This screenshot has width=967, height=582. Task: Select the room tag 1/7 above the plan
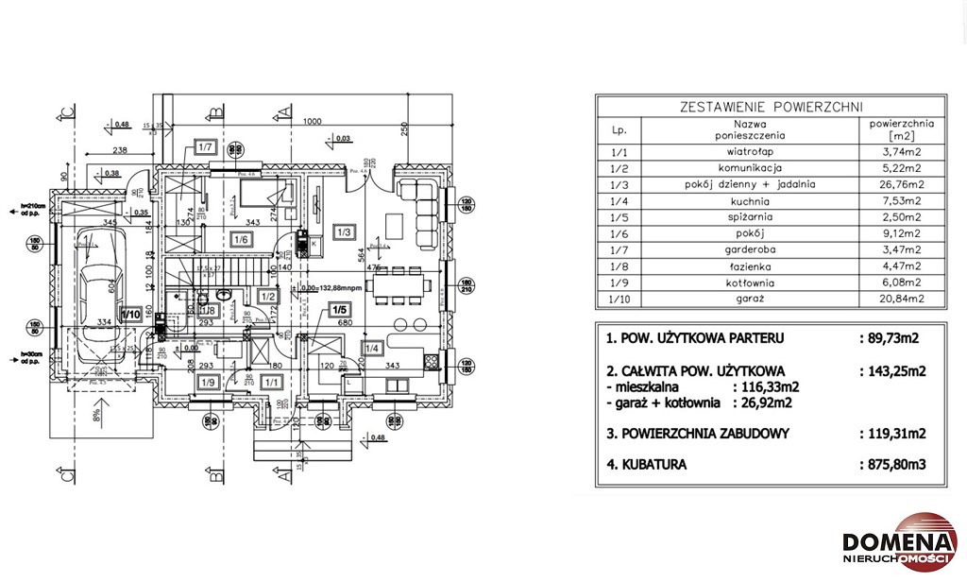click(206, 146)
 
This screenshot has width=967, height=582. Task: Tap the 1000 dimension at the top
click(314, 122)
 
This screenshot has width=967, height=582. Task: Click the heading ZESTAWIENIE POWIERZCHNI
click(772, 106)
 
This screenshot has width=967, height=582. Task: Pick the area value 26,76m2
click(901, 184)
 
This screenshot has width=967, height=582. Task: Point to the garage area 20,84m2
click(901, 299)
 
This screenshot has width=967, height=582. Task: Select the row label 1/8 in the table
click(619, 265)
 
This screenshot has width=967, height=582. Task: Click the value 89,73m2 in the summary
click(892, 337)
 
